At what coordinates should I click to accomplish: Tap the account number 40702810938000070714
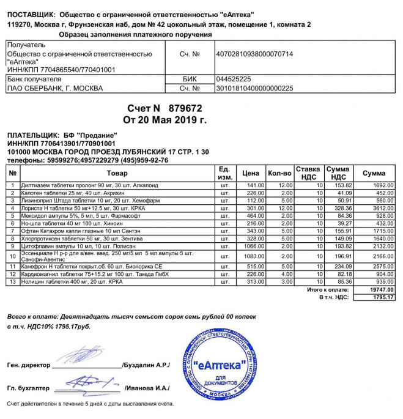coord(254,54)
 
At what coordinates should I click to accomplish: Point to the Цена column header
coord(251,173)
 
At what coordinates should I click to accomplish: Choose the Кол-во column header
coord(279,173)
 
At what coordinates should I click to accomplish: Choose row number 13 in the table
coord(12,281)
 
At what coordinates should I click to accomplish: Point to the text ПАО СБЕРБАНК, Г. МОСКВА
coord(54,88)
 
